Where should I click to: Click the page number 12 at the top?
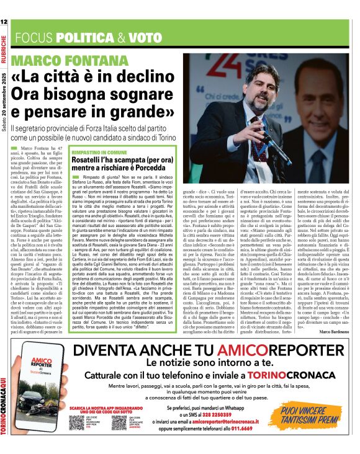[4, 22]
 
